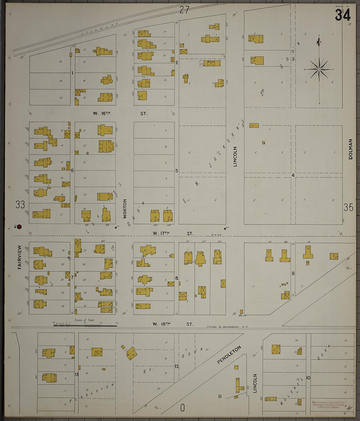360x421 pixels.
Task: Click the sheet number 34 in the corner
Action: [343, 15]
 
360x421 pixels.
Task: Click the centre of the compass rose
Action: [319, 69]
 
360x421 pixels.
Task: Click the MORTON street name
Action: [125, 209]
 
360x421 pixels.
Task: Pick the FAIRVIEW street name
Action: [19, 257]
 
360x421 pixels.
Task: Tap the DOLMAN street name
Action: [351, 149]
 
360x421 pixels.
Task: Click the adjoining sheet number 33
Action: [20, 205]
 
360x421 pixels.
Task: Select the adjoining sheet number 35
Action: [348, 207]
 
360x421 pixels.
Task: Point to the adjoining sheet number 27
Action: [184, 10]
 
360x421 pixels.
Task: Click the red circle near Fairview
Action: [19, 226]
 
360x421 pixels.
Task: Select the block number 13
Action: [76, 374]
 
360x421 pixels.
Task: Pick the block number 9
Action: [293, 273]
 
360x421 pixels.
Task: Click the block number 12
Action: [176, 366]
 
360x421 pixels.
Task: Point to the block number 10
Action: [308, 378]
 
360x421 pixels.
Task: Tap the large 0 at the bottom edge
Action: [182, 408]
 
